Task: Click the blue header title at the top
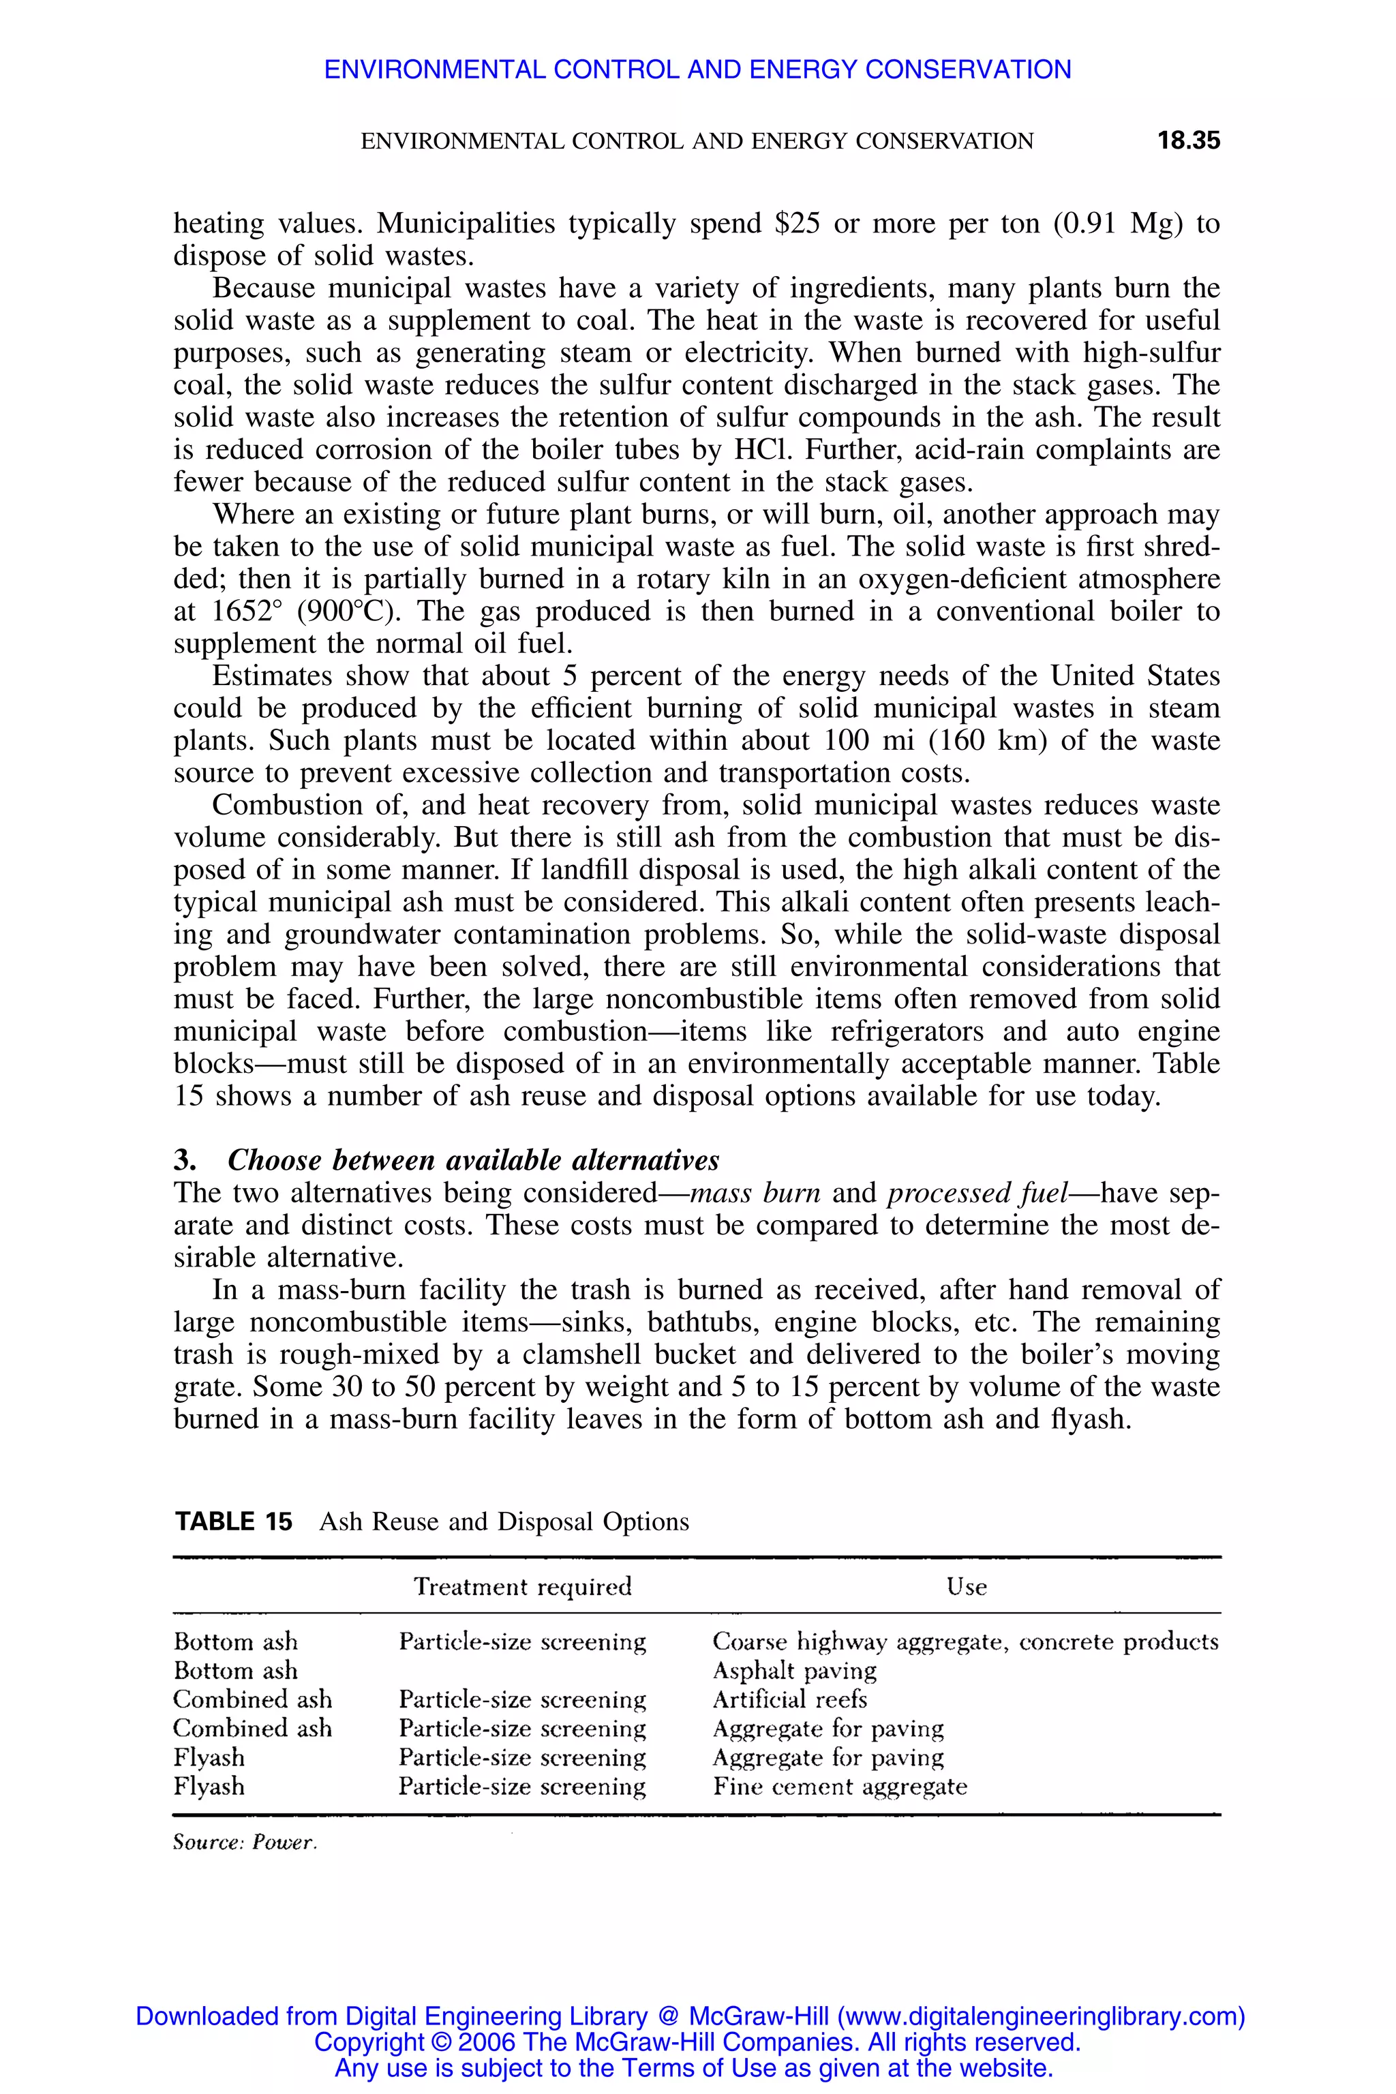pyautogui.click(x=697, y=70)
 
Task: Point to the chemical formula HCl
pyautogui.click(x=757, y=451)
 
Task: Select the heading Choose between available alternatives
pyautogui.click(x=473, y=1161)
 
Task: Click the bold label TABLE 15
pyautogui.click(x=233, y=1521)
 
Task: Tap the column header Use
pyautogui.click(x=966, y=1587)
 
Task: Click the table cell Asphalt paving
pyautogui.click(x=794, y=1670)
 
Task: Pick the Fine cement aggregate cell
pyautogui.click(x=840, y=1787)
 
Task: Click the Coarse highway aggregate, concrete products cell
pyautogui.click(x=965, y=1641)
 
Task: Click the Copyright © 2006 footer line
pyautogui.click(x=697, y=2042)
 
